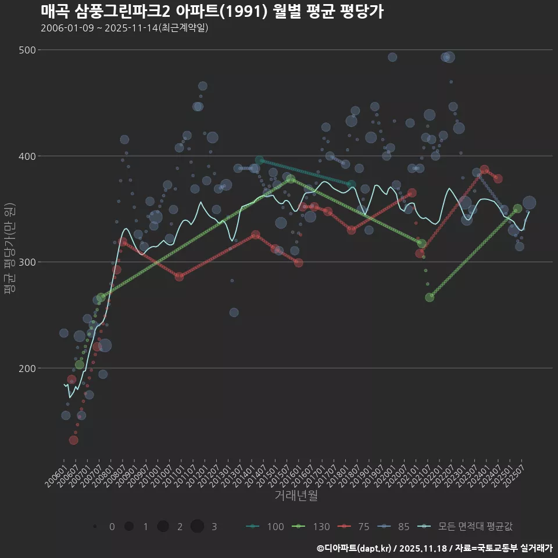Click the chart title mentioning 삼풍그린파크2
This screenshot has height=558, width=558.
coord(212,12)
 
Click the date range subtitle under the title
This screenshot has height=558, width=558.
coord(124,28)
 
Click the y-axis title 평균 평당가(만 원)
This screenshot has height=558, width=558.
coord(10,250)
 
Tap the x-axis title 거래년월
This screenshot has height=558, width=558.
coord(296,496)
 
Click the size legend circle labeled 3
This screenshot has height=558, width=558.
coord(197,526)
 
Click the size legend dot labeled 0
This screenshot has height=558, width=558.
coord(95,527)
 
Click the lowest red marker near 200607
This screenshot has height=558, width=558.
coord(74,440)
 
